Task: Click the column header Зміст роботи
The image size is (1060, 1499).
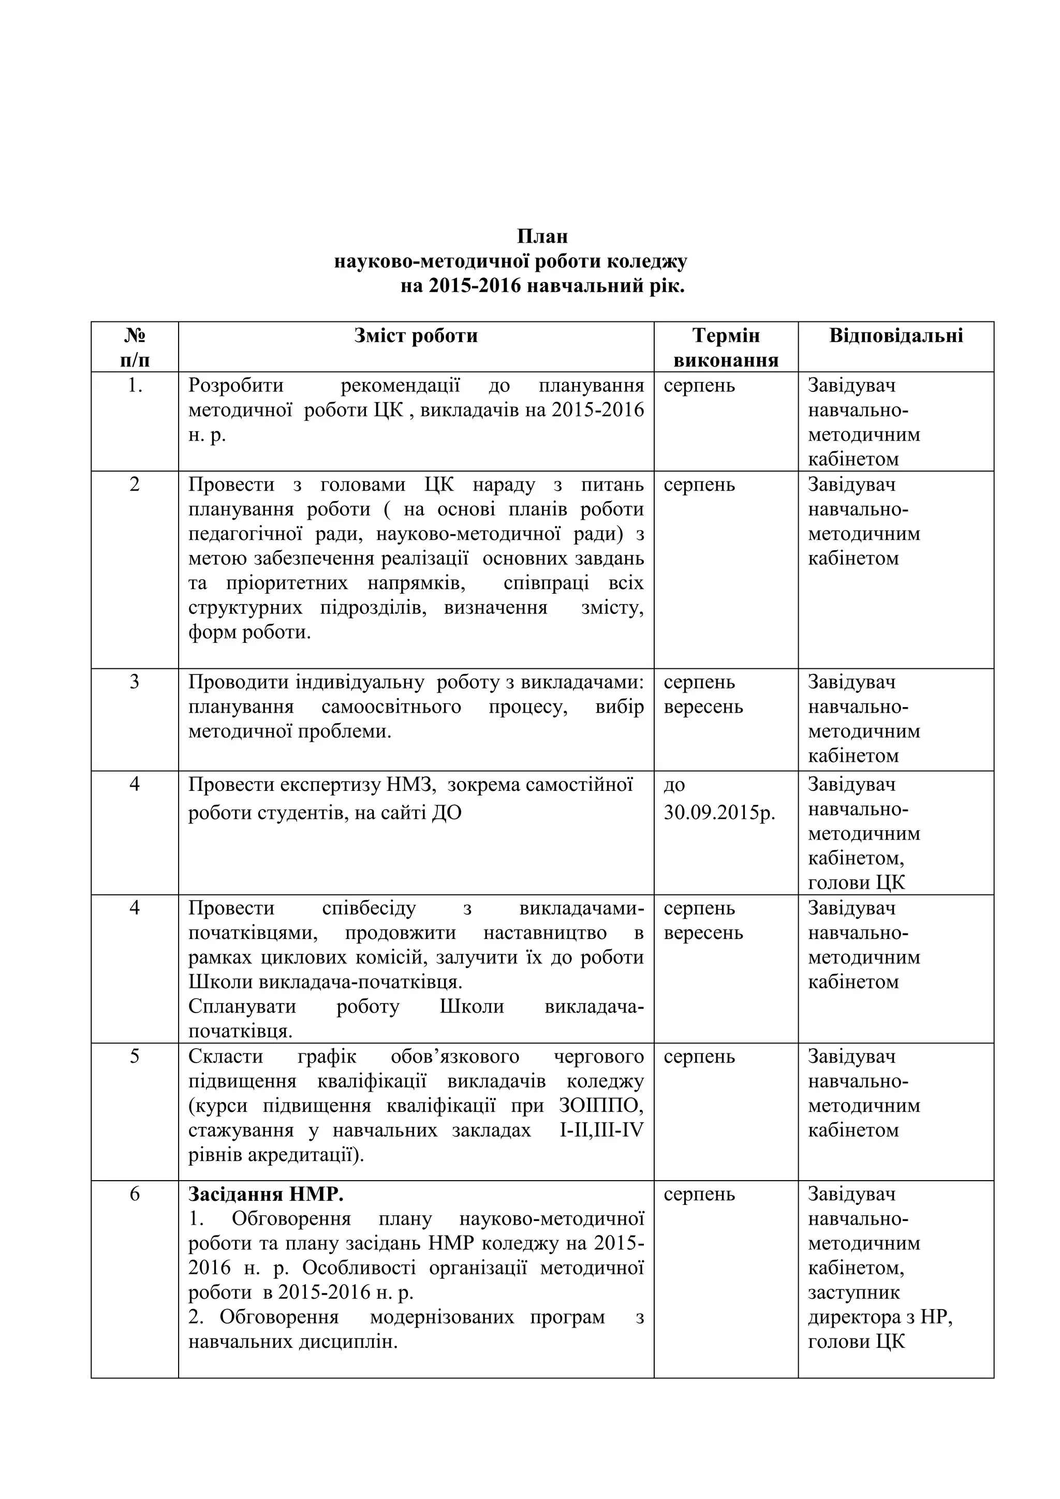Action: [x=416, y=335]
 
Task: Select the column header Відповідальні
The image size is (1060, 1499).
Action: [x=896, y=335]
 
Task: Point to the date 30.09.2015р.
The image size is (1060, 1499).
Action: [x=719, y=814]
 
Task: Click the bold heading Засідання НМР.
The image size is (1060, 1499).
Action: [x=266, y=1194]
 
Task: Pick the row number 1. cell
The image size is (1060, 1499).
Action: [x=135, y=386]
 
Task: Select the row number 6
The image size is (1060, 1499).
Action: [x=135, y=1194]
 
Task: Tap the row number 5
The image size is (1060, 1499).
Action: [x=135, y=1056]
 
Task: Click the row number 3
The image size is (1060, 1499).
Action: [x=135, y=682]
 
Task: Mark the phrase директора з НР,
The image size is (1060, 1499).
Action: [x=880, y=1317]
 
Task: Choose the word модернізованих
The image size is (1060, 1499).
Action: [x=441, y=1317]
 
